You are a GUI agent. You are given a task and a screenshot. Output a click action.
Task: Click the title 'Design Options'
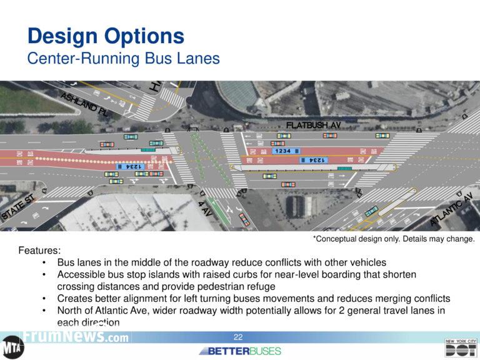point(106,36)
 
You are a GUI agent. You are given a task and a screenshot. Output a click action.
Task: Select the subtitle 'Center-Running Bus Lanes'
point(123,59)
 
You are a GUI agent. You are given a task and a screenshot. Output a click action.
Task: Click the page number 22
point(238,337)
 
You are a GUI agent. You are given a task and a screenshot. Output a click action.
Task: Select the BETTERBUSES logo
point(239,351)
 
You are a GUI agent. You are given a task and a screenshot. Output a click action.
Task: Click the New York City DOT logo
point(461,347)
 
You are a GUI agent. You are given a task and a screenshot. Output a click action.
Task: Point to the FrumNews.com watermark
point(75,337)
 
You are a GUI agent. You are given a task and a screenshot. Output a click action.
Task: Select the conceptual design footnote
point(394,239)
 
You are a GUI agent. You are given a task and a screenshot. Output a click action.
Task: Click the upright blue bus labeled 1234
point(284,151)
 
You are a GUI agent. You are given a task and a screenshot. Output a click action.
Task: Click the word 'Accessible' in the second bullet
point(82,274)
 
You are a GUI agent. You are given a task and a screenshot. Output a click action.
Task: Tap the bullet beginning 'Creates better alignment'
point(253,298)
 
